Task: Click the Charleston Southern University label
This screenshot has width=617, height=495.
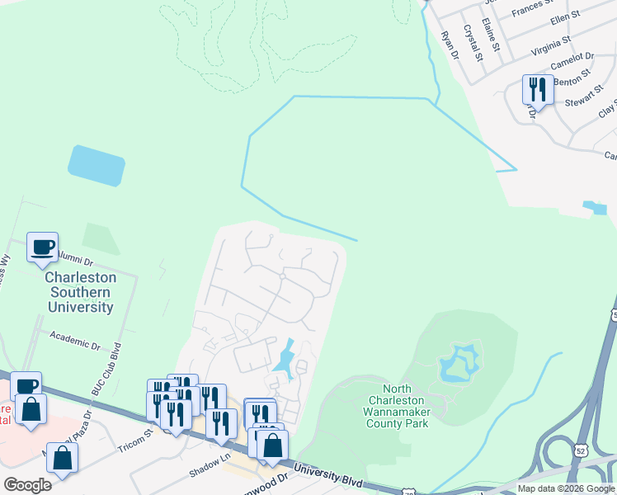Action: click(80, 292)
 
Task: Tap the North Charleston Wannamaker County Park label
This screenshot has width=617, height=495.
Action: click(398, 406)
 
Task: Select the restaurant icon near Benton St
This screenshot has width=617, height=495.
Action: click(538, 88)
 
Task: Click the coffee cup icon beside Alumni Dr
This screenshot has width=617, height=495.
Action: click(42, 246)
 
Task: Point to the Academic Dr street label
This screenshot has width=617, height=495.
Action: click(74, 337)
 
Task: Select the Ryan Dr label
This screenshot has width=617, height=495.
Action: click(450, 45)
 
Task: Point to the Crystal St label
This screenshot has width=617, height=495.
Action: click(473, 43)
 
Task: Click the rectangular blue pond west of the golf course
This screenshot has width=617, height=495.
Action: click(97, 166)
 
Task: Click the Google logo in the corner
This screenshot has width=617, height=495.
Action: click(27, 484)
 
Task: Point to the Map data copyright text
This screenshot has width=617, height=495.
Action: click(566, 488)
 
